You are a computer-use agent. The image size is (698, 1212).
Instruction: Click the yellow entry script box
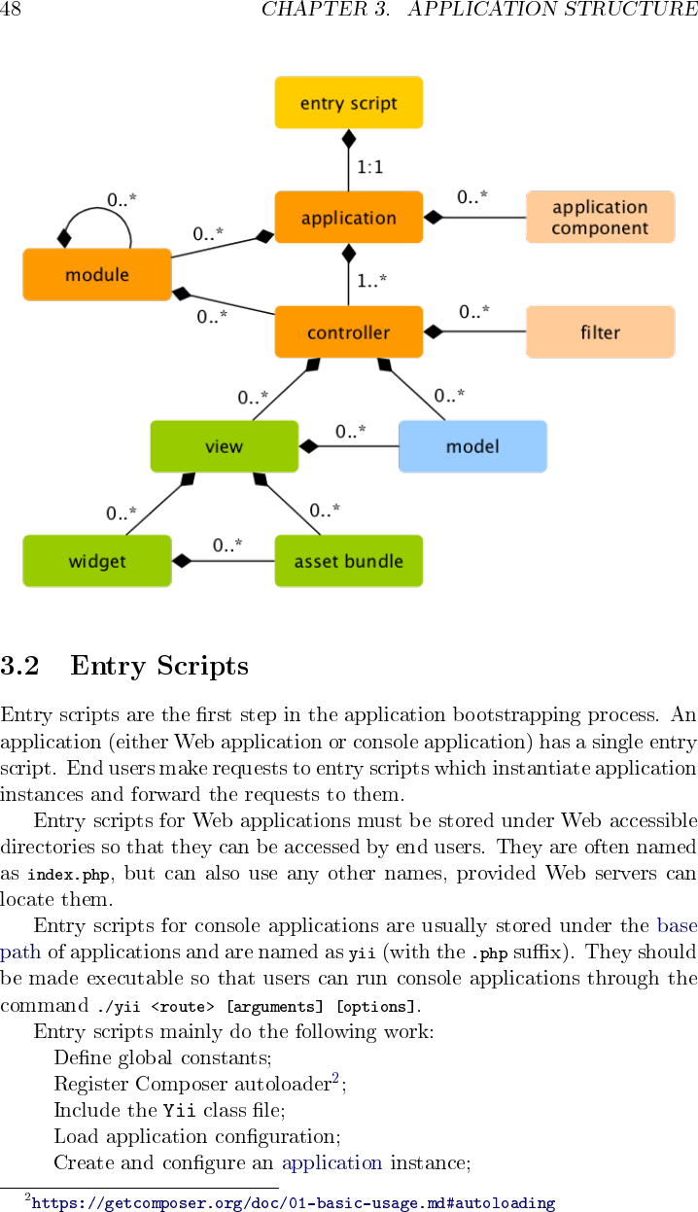point(348,103)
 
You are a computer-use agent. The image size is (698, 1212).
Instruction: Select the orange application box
point(348,218)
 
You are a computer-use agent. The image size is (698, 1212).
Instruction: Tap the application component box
point(600,218)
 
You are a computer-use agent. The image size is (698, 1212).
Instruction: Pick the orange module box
point(97,275)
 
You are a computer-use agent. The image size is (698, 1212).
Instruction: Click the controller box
point(348,332)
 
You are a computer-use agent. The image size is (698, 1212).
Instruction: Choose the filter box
point(600,332)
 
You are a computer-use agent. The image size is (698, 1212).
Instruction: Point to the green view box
point(224,447)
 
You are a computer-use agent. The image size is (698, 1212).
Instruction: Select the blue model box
point(472,447)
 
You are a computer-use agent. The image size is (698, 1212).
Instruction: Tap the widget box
point(97,561)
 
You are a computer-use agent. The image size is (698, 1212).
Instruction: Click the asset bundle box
point(348,561)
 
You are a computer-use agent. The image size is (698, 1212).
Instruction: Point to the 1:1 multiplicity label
point(369,167)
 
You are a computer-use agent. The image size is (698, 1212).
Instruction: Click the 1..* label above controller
point(371,281)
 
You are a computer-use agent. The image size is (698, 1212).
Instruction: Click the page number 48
point(11,10)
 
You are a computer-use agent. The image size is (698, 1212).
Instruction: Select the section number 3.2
point(19,666)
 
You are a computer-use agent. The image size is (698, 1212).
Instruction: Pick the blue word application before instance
point(332,1162)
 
